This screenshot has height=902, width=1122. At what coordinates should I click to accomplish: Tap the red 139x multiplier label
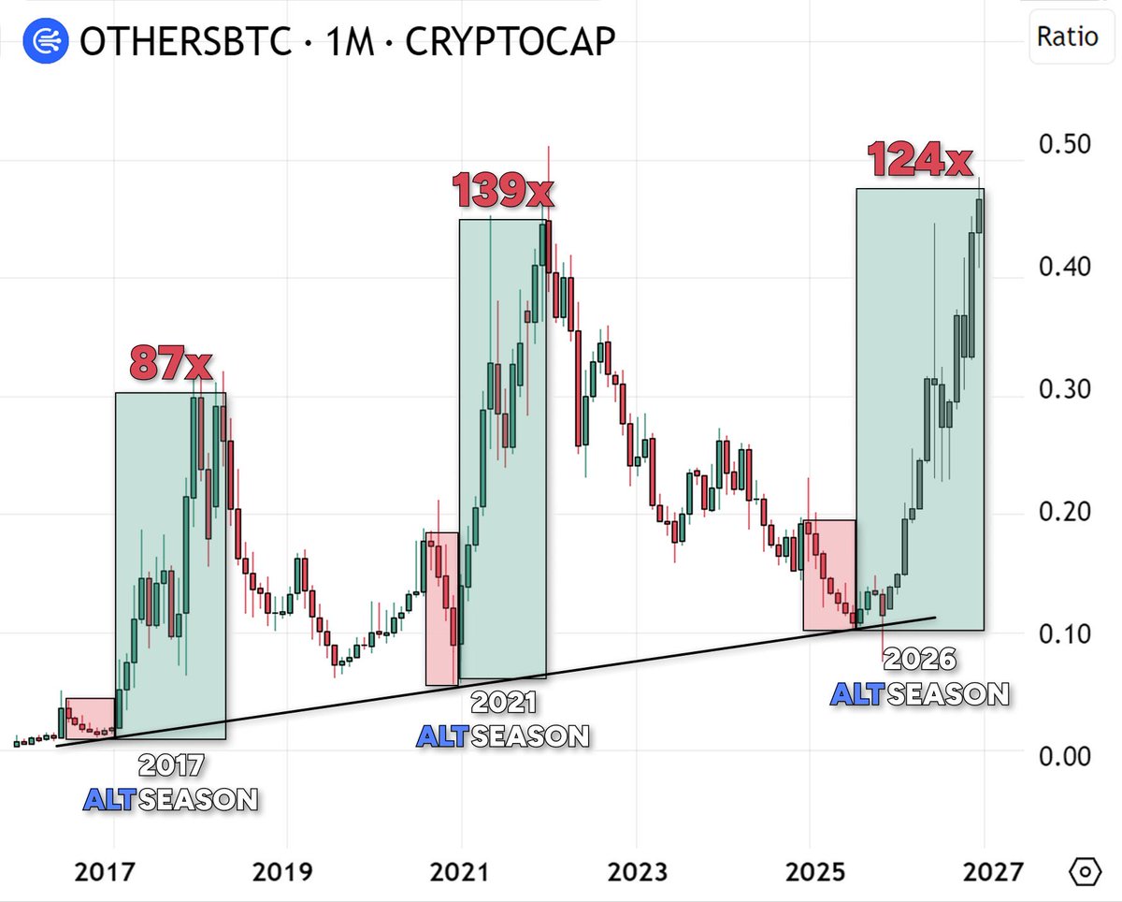pyautogui.click(x=503, y=191)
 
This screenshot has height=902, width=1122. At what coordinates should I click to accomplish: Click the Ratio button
pyautogui.click(x=1066, y=37)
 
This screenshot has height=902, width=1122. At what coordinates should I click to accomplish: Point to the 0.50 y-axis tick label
pyautogui.click(x=1064, y=145)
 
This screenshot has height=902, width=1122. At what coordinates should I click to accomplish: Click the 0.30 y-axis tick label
pyautogui.click(x=1064, y=389)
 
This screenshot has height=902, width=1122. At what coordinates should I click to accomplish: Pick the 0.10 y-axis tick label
pyautogui.click(x=1064, y=633)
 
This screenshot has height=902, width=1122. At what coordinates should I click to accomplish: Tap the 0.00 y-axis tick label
pyautogui.click(x=1064, y=756)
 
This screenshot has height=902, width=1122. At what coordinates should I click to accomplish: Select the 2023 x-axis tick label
pyautogui.click(x=636, y=872)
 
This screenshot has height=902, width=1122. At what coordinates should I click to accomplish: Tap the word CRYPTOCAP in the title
pyautogui.click(x=511, y=41)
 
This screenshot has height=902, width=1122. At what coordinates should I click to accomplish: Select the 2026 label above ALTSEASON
pyautogui.click(x=920, y=661)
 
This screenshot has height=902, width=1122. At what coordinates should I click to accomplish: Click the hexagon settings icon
pyautogui.click(x=1084, y=872)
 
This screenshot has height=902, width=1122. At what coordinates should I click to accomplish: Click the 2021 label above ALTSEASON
pyautogui.click(x=503, y=703)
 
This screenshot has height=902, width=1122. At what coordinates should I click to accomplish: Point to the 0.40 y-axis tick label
pyautogui.click(x=1064, y=268)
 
